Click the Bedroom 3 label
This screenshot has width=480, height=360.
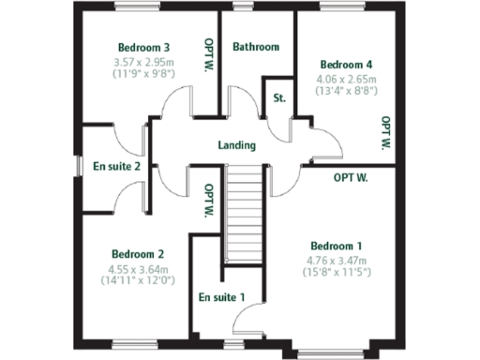click(x=143, y=48)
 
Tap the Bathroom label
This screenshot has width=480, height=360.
click(x=256, y=47)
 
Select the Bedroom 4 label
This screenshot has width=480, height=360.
click(x=341, y=54)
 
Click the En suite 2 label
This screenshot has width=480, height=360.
click(x=116, y=167)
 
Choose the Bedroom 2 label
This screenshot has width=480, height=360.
click(x=138, y=253)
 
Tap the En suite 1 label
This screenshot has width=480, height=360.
click(x=222, y=298)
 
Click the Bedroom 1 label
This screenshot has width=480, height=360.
click(x=337, y=246)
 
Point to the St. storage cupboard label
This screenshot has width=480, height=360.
click(x=279, y=97)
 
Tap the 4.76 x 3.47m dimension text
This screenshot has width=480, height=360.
click(x=337, y=260)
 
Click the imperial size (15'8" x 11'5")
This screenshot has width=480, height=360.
click(x=337, y=272)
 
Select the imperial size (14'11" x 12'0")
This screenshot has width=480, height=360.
click(x=138, y=278)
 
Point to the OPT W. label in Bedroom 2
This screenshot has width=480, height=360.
click(x=208, y=200)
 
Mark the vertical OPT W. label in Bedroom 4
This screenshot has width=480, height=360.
click(x=385, y=133)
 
